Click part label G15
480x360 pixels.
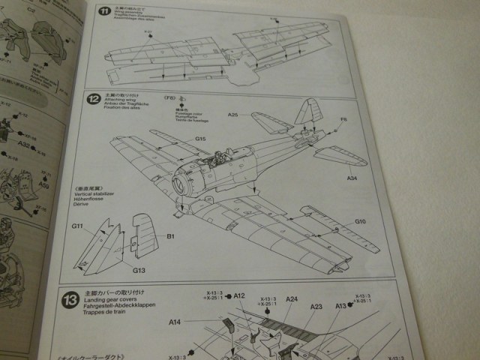pos(200,139)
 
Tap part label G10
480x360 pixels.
pos(360,222)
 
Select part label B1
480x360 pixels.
pos(170,236)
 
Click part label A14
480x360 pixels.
pos(174,322)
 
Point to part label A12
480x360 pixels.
pos(239,295)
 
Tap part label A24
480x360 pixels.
pos(292,299)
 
